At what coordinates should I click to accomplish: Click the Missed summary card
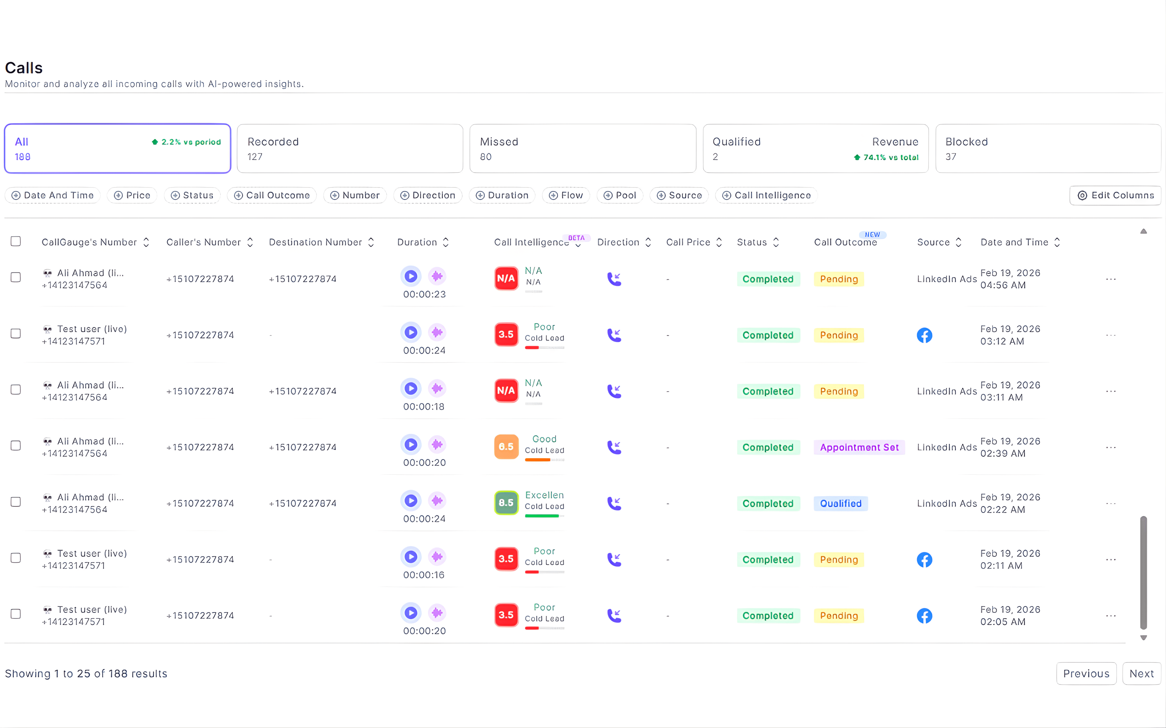pyautogui.click(x=582, y=149)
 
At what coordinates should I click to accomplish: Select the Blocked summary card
pyautogui.click(x=1048, y=149)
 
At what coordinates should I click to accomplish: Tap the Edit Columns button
pyautogui.click(x=1115, y=195)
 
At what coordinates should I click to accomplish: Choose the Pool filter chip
pyautogui.click(x=620, y=195)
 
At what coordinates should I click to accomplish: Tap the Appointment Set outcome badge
pyautogui.click(x=859, y=447)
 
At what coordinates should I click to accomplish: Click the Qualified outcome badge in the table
pyautogui.click(x=841, y=504)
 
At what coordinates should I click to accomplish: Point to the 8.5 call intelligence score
pyautogui.click(x=506, y=503)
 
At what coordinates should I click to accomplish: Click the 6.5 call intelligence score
pyautogui.click(x=506, y=447)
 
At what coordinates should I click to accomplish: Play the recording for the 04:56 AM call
pyautogui.click(x=411, y=276)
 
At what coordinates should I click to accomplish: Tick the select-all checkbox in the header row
pyautogui.click(x=16, y=241)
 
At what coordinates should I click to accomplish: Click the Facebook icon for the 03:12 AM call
pyautogui.click(x=924, y=335)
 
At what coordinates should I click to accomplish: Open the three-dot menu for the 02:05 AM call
pyautogui.click(x=1111, y=616)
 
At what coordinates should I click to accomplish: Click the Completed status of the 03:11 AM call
pyautogui.click(x=768, y=391)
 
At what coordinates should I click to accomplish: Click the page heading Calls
pyautogui.click(x=24, y=68)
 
